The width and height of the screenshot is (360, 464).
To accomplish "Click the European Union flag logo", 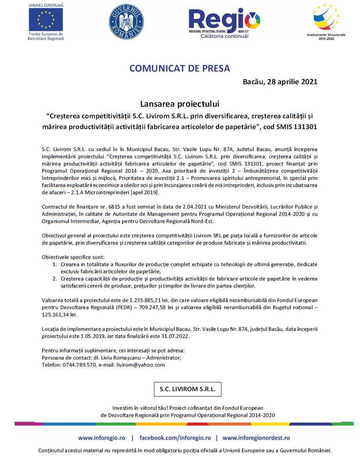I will (46, 19).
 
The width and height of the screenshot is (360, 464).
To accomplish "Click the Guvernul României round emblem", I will (126, 21).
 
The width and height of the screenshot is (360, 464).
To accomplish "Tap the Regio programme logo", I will (224, 22).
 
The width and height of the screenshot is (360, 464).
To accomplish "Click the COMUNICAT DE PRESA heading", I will (180, 68).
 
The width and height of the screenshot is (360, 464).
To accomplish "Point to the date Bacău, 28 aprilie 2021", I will (280, 82).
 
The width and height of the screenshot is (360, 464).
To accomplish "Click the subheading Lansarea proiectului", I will (180, 104).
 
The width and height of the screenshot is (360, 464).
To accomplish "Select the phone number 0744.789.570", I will (79, 365).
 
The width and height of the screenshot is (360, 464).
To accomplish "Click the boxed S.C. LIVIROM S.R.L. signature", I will (187, 389).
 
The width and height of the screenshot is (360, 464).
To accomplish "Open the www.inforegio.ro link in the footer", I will (101, 438).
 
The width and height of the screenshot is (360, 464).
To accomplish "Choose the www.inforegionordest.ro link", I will (256, 438).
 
